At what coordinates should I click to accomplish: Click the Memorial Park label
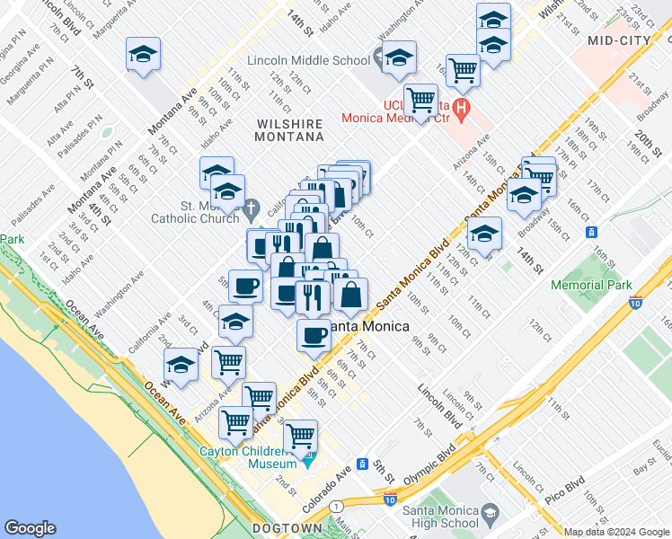tap(591, 285)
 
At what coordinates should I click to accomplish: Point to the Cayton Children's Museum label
tap(247, 457)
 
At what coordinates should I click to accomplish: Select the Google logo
tap(31, 528)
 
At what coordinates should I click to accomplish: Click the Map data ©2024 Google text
tap(616, 532)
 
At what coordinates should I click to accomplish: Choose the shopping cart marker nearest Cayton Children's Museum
tap(301, 436)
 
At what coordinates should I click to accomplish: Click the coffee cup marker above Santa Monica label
tap(314, 335)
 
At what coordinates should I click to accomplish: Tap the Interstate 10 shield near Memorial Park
tap(636, 304)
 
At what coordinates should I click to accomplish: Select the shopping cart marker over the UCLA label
tap(420, 99)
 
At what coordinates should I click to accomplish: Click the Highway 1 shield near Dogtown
tap(335, 506)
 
